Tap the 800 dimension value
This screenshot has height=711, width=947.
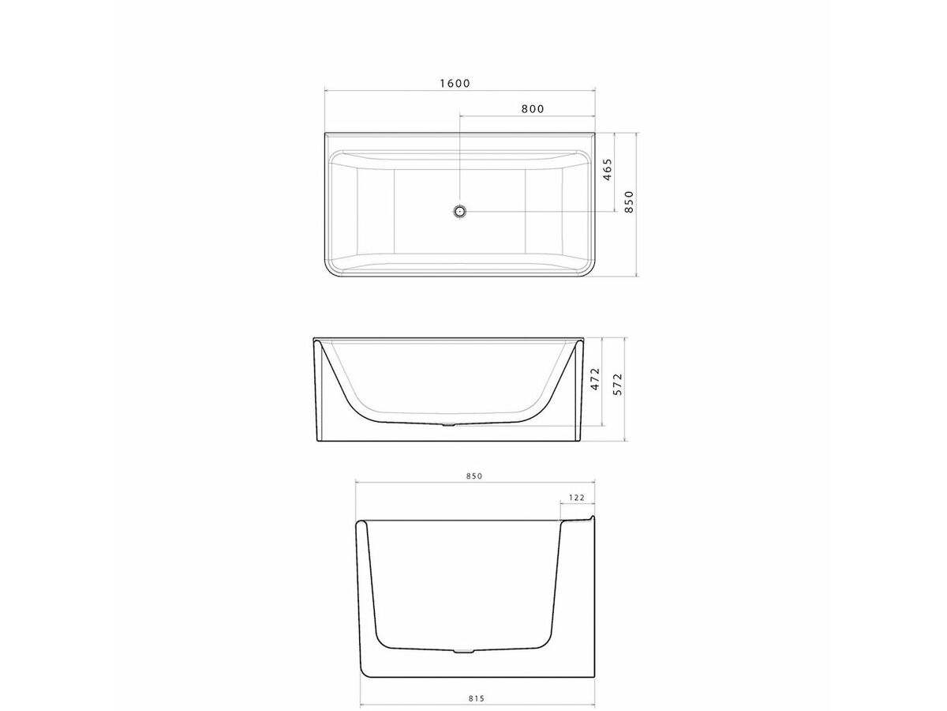pos(533,109)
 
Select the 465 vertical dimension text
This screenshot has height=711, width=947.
pos(608,171)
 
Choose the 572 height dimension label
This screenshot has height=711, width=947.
pos(619,385)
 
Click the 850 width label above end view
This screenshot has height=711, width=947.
pos(473,476)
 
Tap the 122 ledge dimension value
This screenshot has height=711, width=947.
pos(576,498)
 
